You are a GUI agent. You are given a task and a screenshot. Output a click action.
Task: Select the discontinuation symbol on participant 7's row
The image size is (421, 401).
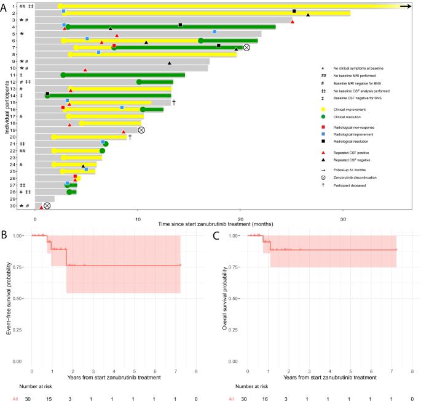tap(246, 47)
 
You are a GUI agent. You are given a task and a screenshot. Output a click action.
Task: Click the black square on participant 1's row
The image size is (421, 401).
tap(294, 11)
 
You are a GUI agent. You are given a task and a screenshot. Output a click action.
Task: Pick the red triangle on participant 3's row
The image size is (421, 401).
tap(293, 22)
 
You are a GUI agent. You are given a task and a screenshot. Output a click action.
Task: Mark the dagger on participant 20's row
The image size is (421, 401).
tap(130, 137)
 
